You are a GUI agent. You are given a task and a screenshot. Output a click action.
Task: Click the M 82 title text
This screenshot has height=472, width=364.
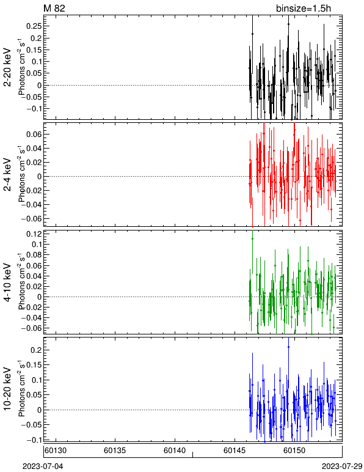(x=54, y=8)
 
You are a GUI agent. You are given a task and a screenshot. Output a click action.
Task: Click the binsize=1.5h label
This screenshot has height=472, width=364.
(x=304, y=8)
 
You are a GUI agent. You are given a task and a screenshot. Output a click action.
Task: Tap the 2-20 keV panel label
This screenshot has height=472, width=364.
(x=7, y=67)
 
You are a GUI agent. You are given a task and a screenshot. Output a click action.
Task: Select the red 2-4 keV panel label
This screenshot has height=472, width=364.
(x=7, y=175)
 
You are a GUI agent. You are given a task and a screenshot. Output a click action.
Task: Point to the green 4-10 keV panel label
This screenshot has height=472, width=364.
(x=7, y=282)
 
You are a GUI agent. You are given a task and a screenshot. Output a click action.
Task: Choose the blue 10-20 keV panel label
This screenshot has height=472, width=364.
(x=7, y=389)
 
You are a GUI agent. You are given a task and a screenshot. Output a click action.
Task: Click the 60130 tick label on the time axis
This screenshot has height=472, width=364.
(x=56, y=451)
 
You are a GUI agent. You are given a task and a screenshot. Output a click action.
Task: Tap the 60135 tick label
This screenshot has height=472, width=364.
(x=115, y=451)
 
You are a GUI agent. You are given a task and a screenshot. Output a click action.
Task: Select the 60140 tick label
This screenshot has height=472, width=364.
(x=175, y=451)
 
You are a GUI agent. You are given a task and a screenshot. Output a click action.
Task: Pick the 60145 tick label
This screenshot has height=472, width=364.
(x=235, y=451)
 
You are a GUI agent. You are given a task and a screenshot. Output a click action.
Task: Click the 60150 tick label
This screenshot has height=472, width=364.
(x=294, y=451)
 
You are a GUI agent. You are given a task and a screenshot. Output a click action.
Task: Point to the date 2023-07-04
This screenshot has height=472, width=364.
(x=43, y=466)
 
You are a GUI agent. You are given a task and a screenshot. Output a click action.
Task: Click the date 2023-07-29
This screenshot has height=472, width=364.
(x=342, y=466)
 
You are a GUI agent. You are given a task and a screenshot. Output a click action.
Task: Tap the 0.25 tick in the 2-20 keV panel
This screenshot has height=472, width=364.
(x=34, y=26)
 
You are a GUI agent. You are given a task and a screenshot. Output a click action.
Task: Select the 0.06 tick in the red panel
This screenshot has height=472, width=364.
(x=34, y=135)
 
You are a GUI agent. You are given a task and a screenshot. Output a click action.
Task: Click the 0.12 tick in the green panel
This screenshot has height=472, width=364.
(x=34, y=234)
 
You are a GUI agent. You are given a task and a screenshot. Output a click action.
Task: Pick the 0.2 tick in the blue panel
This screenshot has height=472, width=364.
(x=37, y=350)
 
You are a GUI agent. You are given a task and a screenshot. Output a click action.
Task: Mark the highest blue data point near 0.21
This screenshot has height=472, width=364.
(x=288, y=347)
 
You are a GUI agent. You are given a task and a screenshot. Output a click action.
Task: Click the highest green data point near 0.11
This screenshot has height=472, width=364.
(x=252, y=238)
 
